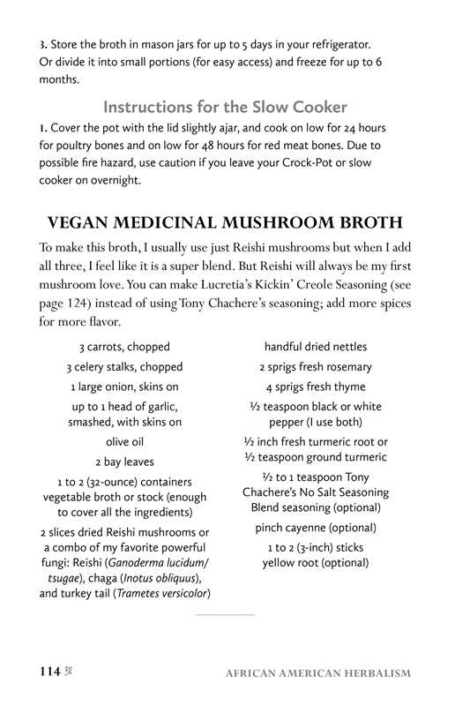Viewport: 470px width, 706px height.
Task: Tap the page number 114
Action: tap(48, 672)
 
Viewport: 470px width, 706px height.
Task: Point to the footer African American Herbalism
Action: tap(317, 673)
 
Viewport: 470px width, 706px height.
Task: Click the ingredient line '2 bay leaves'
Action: tap(124, 462)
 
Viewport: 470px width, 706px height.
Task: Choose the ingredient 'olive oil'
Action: tap(124, 442)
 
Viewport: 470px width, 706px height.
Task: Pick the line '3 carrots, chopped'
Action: tap(124, 347)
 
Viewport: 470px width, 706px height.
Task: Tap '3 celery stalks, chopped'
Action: tap(124, 367)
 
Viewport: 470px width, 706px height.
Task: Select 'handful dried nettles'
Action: tap(316, 347)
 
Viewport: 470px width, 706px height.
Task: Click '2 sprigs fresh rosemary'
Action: tap(316, 367)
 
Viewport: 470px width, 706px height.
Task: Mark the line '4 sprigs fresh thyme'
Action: tap(316, 387)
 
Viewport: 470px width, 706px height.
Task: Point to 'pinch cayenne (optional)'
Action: tap(316, 528)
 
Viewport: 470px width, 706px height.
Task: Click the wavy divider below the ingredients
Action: tap(224, 613)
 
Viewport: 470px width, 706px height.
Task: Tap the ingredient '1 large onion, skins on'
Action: tap(124, 387)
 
